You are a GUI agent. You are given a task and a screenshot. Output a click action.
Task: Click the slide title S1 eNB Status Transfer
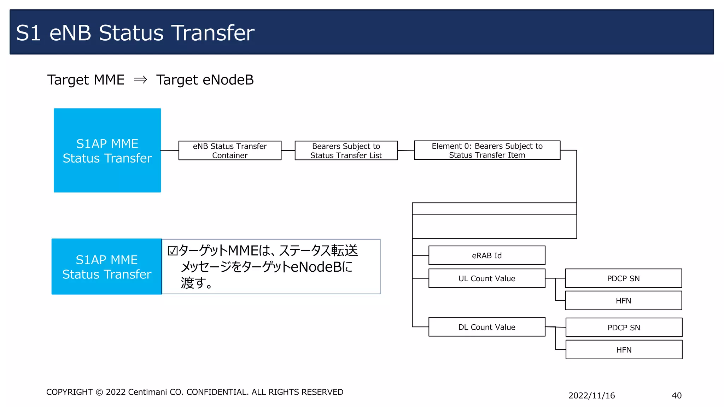tap(135, 33)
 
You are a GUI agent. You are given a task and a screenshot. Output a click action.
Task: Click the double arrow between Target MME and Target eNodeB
tap(140, 80)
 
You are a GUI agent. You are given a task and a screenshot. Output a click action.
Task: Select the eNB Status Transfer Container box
tap(230, 151)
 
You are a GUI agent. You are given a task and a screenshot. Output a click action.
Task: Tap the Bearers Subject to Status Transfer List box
tap(346, 151)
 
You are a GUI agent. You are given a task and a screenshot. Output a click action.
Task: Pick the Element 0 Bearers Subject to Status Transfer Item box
tap(487, 150)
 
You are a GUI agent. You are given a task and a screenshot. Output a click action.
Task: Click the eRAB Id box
tap(486, 255)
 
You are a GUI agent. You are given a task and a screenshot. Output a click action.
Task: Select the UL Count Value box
tap(486, 278)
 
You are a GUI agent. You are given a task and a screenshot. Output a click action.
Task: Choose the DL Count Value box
tap(486, 327)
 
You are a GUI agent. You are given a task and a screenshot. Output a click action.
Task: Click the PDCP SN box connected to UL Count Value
tap(623, 278)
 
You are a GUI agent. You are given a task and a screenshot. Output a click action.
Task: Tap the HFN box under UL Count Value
tap(623, 301)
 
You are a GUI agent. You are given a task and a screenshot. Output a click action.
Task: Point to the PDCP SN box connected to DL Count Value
tap(624, 328)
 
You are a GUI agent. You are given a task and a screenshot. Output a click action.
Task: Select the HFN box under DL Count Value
tap(624, 350)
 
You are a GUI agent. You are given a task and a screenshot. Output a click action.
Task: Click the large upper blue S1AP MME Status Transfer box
tap(107, 151)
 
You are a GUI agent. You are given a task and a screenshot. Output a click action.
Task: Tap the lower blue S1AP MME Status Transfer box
tap(106, 267)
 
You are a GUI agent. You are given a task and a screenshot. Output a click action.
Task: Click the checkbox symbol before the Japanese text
tap(173, 250)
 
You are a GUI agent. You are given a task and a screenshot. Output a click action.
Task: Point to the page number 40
tap(676, 395)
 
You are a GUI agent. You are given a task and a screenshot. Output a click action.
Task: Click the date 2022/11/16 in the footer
tap(591, 395)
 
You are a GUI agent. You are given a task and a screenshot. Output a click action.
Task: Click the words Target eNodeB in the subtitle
tap(205, 80)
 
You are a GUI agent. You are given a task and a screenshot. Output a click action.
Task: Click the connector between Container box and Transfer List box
tap(288, 151)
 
